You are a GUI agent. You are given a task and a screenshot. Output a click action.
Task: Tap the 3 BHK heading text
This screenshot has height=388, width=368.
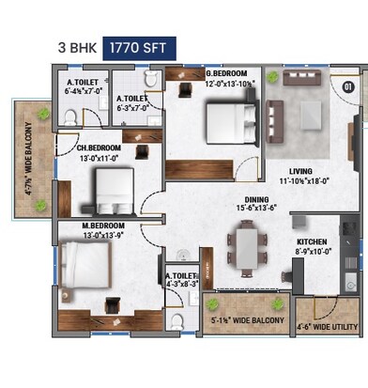(x=77, y=45)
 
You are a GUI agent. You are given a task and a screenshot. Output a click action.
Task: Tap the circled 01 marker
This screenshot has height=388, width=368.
(x=348, y=86)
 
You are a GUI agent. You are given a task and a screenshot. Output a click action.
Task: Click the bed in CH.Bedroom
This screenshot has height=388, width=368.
(x=100, y=193)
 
